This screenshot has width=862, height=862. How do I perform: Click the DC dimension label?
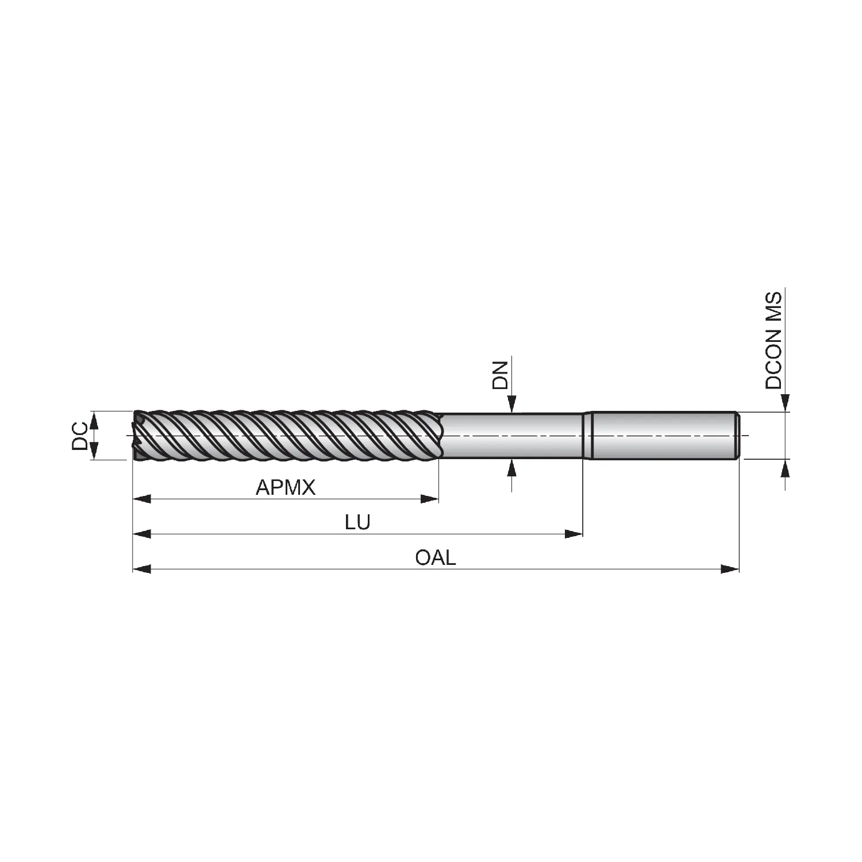point(80,436)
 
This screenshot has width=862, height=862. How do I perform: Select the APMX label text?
point(286,488)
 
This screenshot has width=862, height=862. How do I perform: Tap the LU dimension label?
point(357,522)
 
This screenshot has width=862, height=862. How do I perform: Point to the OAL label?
point(435,557)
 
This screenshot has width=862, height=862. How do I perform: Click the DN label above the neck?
point(501,376)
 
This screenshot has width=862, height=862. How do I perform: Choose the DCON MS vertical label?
point(774,340)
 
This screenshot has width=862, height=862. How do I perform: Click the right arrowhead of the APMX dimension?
point(430,499)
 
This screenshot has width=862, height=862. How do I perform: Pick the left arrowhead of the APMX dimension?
point(142,499)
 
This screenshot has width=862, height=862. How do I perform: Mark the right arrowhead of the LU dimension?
point(574,534)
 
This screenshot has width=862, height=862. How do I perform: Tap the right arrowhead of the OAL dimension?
point(730,569)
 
